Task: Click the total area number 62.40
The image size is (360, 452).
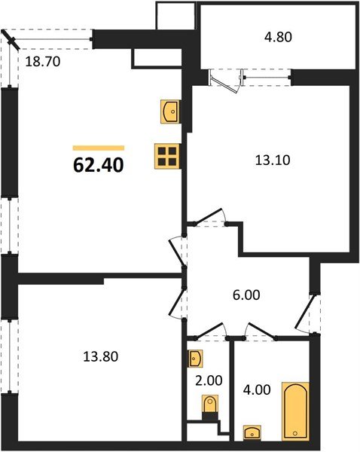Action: [98, 164]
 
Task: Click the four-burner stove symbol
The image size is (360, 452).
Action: [168, 156]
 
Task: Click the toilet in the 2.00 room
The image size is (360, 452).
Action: [210, 410]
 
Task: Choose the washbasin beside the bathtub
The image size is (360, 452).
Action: [252, 433]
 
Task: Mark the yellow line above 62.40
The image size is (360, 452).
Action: [98, 148]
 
